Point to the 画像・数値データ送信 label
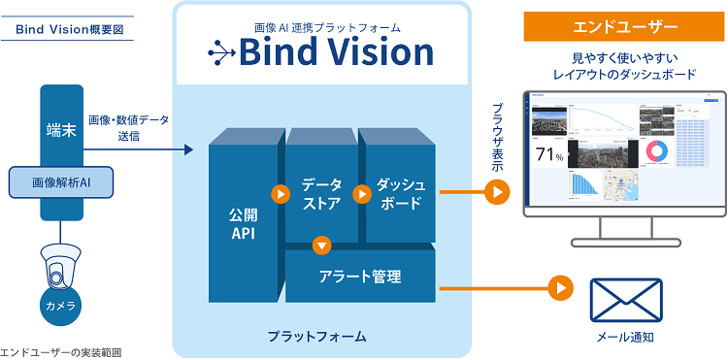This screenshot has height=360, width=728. [127, 128]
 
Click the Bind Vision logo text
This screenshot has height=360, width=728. [321, 50]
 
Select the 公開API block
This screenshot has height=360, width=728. [243, 221]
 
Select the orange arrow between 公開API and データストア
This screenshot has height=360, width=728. [280, 194]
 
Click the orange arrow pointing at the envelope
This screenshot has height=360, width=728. [559, 287]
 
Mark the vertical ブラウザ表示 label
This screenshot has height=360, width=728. [498, 142]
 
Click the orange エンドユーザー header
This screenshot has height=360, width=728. [623, 23]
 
